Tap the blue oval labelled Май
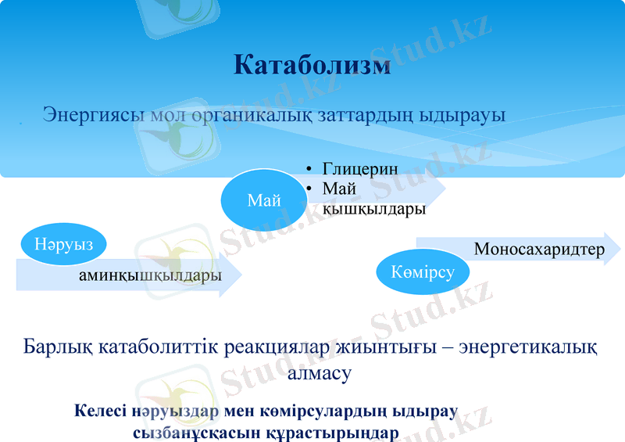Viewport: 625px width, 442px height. (263, 200)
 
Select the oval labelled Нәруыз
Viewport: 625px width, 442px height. (63, 243)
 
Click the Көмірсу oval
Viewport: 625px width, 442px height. (423, 271)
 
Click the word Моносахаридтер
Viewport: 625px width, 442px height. (539, 250)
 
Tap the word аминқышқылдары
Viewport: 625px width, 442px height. (150, 275)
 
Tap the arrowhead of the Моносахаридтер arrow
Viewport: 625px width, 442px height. (612, 249)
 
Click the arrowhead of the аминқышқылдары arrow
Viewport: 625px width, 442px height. (232, 275)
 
